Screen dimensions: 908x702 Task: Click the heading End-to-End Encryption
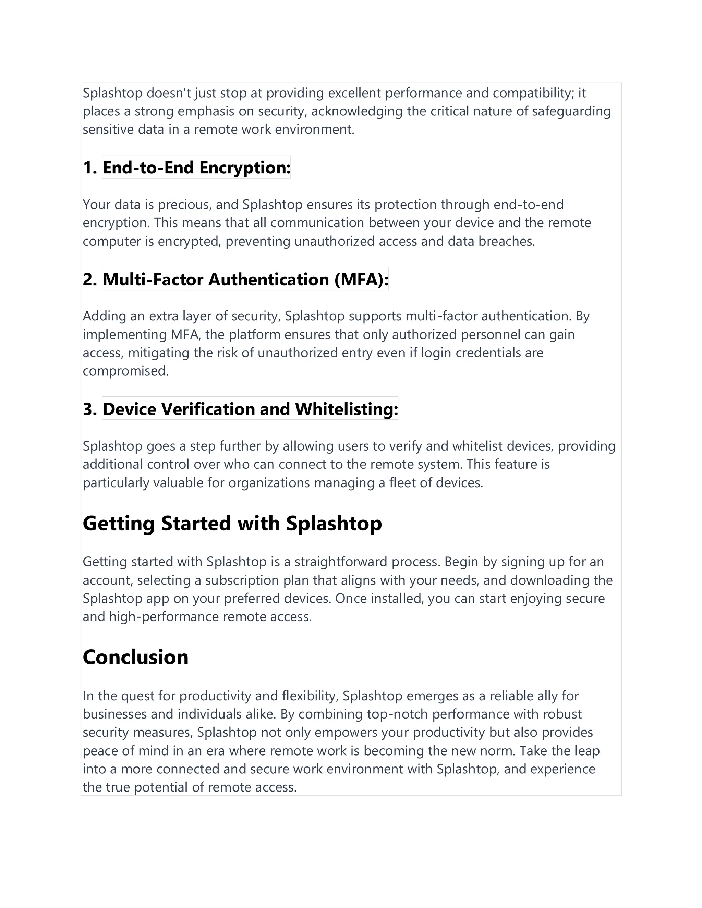(196, 168)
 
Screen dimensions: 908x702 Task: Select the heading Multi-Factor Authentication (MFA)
(245, 279)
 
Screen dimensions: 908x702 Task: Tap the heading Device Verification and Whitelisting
(250, 409)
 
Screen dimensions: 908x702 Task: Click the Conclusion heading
(136, 657)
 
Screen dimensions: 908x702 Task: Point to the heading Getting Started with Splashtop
(232, 523)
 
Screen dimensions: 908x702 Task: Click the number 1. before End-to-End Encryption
(90, 168)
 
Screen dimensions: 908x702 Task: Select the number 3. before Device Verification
(90, 409)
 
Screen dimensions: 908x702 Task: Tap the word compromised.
(125, 371)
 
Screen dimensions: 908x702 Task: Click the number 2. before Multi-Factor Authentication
(90, 279)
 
